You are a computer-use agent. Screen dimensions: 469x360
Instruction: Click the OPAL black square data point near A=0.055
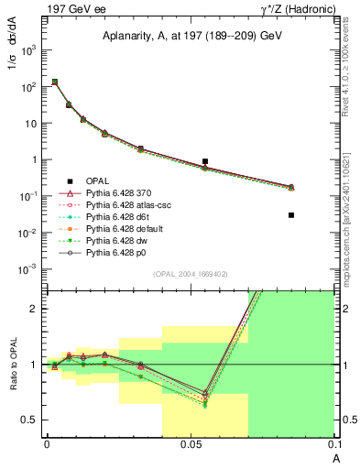pos(205,161)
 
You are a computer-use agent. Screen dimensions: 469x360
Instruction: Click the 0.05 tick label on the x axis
pos(191,443)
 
